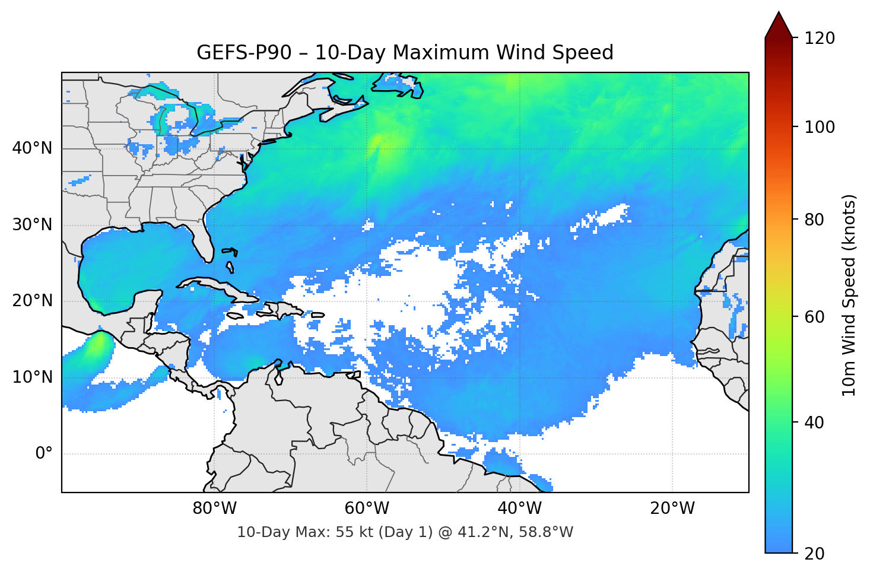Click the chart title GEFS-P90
point(405,53)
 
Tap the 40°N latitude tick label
point(32,148)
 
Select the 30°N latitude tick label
point(32,225)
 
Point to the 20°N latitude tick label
point(32,301)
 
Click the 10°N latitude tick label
point(32,377)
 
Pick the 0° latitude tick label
point(44,454)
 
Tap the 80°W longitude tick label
point(214,509)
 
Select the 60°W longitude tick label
point(367,509)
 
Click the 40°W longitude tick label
point(519,509)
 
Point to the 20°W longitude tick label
point(672,509)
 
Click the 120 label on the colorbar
point(820,39)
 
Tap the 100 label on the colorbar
point(820,127)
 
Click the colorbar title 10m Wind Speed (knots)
point(849,295)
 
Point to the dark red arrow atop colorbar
point(779,26)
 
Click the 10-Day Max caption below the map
point(405,532)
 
